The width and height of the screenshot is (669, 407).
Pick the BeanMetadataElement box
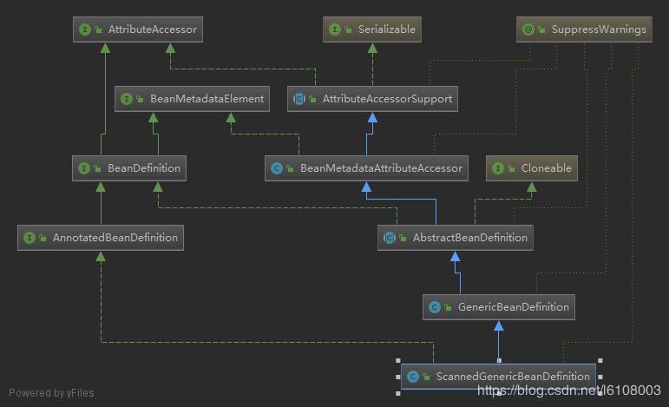pyautogui.click(x=193, y=99)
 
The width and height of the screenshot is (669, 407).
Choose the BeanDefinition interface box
pyautogui.click(x=129, y=168)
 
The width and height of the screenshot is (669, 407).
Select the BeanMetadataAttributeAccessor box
pyautogui.click(x=367, y=168)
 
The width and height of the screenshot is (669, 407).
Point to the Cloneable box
pyautogui.click(x=533, y=168)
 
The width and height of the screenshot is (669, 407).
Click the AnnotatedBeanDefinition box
pyautogui.click(x=100, y=238)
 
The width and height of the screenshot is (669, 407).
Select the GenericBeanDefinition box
pyautogui.click(x=498, y=307)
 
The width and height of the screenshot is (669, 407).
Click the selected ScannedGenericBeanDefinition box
pyautogui.click(x=499, y=377)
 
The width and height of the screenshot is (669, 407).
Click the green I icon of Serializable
pyautogui.click(x=336, y=30)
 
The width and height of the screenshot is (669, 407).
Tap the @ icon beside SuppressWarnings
pyautogui.click(x=528, y=30)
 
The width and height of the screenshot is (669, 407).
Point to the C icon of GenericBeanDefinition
pyautogui.click(x=436, y=307)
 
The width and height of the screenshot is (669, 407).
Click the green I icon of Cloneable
pyautogui.click(x=498, y=168)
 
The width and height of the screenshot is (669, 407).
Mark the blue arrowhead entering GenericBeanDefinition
pyautogui.click(x=498, y=325)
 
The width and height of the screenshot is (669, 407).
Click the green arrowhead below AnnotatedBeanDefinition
pyautogui.click(x=102, y=256)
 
